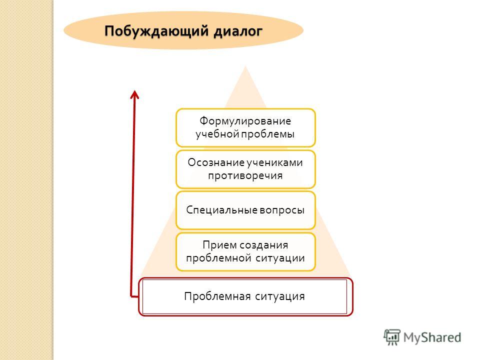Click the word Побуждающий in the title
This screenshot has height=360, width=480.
click(x=156, y=31)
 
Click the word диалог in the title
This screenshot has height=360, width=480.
click(x=238, y=31)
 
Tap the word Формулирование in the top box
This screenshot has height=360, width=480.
click(x=245, y=121)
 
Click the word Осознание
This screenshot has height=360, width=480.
click(x=211, y=162)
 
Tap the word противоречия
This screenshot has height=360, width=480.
click(x=245, y=175)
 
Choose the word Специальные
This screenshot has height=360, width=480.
click(x=222, y=210)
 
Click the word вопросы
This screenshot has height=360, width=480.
click(x=282, y=210)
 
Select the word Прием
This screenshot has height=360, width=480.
click(x=219, y=245)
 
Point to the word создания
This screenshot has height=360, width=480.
click(x=263, y=245)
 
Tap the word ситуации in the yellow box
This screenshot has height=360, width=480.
click(x=280, y=258)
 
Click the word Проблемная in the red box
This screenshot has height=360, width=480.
click(x=217, y=296)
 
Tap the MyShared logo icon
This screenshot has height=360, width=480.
click(x=392, y=337)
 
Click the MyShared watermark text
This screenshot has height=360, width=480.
click(x=432, y=337)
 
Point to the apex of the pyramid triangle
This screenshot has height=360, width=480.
click(x=245, y=66)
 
